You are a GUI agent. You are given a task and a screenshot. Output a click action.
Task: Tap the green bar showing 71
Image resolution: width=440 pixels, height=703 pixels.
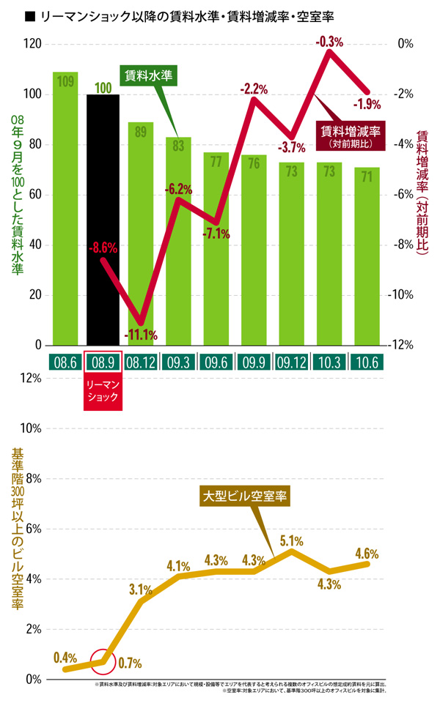[367, 256]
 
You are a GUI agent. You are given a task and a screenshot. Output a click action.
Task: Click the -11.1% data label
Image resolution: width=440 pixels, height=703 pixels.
[141, 335]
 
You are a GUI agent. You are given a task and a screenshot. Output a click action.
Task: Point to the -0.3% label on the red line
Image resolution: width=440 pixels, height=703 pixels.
[329, 42]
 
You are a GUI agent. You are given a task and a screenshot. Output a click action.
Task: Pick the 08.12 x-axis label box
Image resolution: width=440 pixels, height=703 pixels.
[141, 362]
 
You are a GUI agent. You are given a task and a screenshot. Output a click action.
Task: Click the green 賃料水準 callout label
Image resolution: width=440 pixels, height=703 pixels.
[152, 75]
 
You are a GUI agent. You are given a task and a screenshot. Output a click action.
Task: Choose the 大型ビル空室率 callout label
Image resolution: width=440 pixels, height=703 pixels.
[246, 496]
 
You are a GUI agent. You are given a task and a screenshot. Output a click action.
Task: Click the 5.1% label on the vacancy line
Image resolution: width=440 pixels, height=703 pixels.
[291, 541]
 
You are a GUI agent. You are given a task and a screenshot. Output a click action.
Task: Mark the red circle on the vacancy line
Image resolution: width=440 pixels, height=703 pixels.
[102, 661]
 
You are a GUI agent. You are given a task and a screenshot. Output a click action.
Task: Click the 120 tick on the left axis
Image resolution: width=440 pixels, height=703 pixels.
[32, 44]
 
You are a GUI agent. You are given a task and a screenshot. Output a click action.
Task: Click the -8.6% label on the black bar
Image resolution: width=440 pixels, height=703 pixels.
[103, 249]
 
